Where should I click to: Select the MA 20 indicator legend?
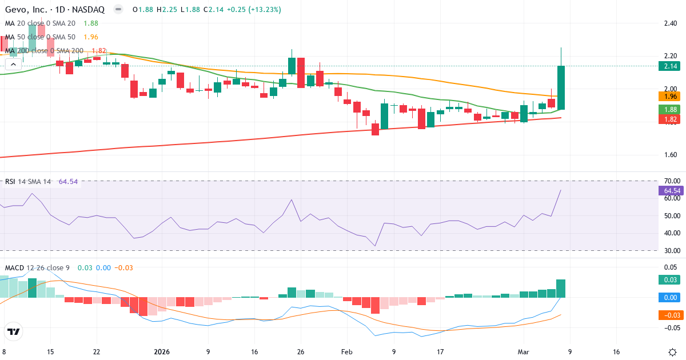[x=41, y=23]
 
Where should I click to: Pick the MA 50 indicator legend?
[x=41, y=37]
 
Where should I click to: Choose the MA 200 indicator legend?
[x=43, y=50]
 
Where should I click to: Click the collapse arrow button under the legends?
[x=13, y=65]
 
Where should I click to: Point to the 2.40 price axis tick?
[x=670, y=23]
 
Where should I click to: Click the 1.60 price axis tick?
[x=670, y=155]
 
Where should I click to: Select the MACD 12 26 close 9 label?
[x=38, y=268]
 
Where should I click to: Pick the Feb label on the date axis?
[x=347, y=351]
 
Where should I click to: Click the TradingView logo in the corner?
[x=14, y=331]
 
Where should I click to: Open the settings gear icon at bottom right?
[x=672, y=351]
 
